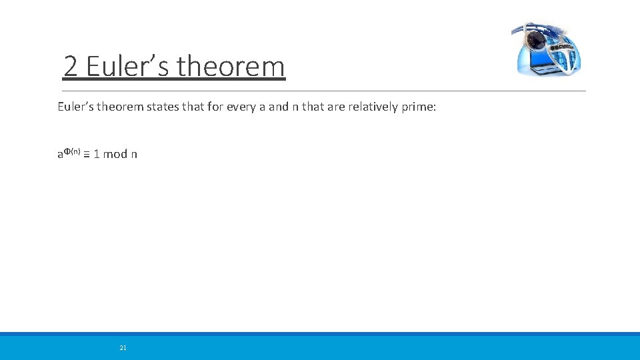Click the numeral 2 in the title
[72, 67]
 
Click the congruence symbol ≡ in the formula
[87, 154]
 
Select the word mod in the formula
[115, 154]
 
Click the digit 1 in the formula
[97, 154]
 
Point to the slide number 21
[123, 347]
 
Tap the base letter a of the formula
[60, 155]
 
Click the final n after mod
[134, 155]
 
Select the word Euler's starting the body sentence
[76, 107]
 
